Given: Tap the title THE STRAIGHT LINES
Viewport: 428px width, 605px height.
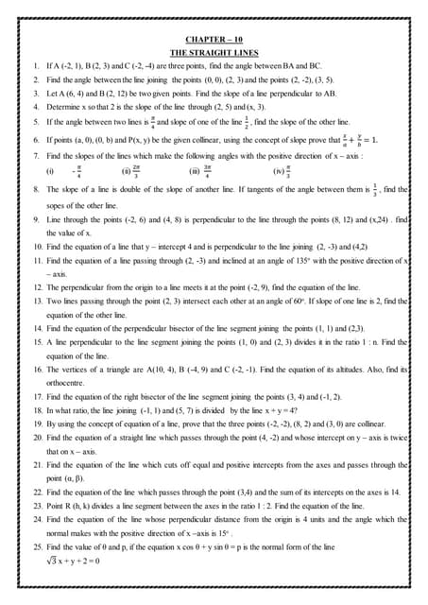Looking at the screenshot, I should pos(214,53).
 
